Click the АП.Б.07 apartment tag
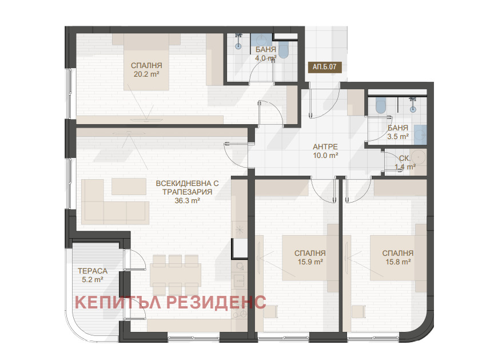(324, 66)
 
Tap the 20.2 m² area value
(146, 74)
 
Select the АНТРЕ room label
(325, 147)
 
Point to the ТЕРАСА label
(93, 271)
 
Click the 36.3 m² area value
(187, 200)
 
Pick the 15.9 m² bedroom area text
(310, 262)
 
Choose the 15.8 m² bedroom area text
(398, 262)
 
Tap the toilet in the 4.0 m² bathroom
(284, 49)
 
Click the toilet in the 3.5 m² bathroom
(380, 105)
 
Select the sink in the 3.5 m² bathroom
(421, 135)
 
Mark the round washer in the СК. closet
(418, 157)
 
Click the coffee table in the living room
(129, 187)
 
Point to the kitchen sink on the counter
(240, 279)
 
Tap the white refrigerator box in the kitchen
(240, 248)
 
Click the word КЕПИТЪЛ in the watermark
(118, 302)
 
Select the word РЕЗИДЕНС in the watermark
(216, 302)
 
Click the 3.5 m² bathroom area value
(398, 136)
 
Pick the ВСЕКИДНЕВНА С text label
(187, 183)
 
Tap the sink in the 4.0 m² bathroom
(262, 39)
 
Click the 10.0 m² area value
(325, 155)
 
